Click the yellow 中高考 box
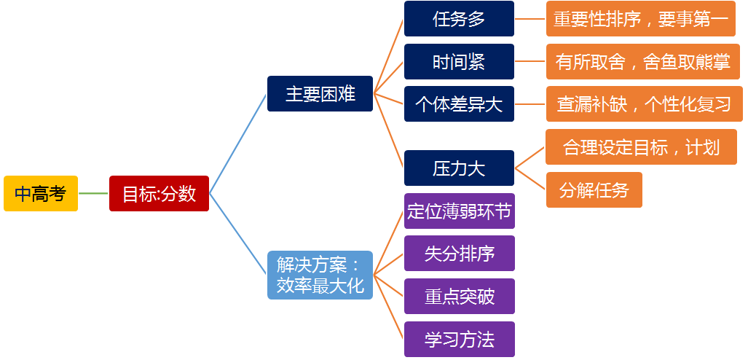(41, 193)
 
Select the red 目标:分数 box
(159, 193)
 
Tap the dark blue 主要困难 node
(320, 93)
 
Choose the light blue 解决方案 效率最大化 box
(320, 275)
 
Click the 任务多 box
(459, 19)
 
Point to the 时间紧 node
(459, 62)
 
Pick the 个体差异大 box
(459, 103)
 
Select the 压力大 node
(459, 168)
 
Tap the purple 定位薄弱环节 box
(460, 211)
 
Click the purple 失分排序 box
(460, 253)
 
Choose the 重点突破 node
(460, 296)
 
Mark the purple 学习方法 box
(460, 339)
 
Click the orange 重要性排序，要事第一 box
(641, 19)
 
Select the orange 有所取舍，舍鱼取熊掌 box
(643, 62)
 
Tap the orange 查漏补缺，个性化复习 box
(645, 103)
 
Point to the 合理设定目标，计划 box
(641, 146)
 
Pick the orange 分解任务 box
(594, 190)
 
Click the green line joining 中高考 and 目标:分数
(93, 193)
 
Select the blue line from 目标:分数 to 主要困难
(237, 144)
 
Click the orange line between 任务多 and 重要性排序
(530, 19)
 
